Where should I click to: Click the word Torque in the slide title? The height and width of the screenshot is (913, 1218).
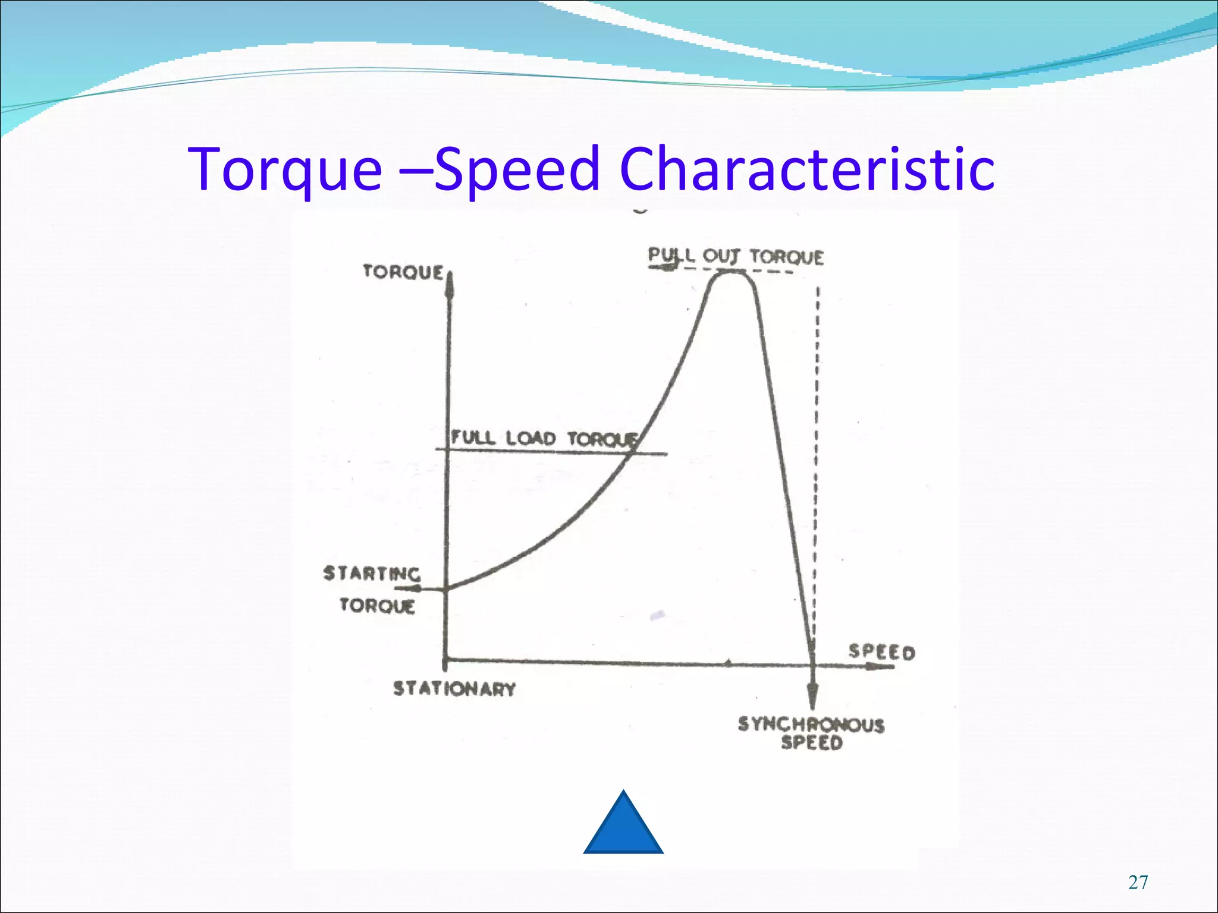[285, 171]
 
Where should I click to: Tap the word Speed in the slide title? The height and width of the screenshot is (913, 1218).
[516, 171]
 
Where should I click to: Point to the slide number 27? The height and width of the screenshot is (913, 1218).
[1138, 883]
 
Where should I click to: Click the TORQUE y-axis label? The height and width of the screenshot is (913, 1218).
[403, 272]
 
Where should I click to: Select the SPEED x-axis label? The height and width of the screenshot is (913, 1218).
[881, 652]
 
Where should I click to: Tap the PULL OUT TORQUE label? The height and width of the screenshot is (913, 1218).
[736, 257]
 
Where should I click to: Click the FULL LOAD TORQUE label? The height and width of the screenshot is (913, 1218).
[543, 439]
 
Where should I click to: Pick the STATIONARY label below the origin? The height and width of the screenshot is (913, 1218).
[454, 689]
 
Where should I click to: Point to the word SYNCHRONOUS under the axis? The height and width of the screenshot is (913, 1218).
[811, 725]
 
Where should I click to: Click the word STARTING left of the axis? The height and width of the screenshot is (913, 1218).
[372, 574]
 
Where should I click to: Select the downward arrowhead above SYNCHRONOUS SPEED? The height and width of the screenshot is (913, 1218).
[812, 695]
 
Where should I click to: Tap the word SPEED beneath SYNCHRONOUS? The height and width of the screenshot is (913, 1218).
[812, 743]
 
